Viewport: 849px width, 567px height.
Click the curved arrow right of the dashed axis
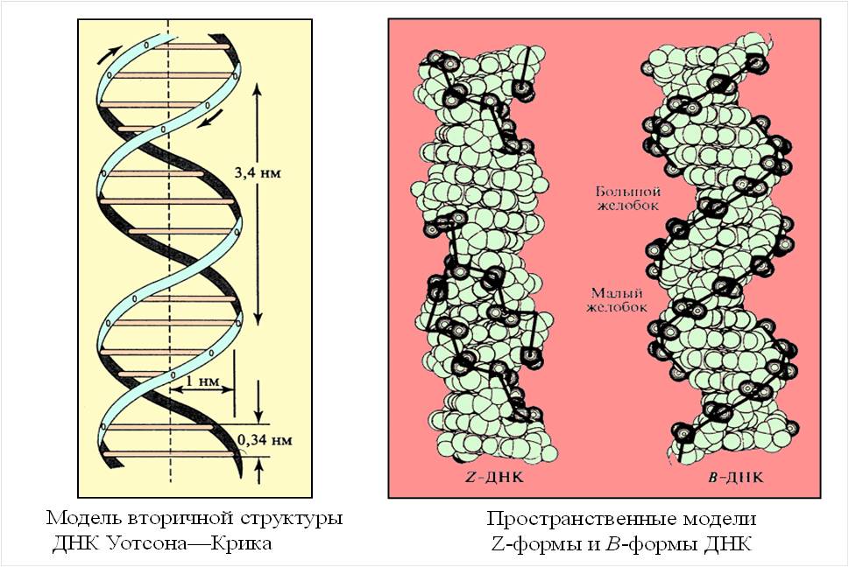click(x=206, y=117)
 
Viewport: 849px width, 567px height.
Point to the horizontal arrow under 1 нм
click(x=201, y=391)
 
